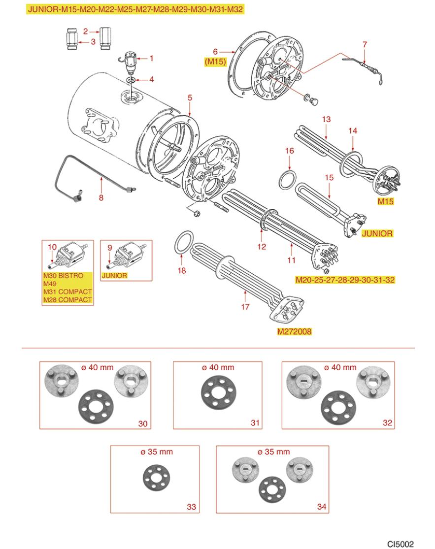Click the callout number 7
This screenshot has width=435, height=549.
[x=365, y=44]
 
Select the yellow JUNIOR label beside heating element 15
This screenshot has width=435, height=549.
[x=377, y=233]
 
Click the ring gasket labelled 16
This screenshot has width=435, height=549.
[x=288, y=180]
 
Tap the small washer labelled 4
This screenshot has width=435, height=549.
[x=130, y=79]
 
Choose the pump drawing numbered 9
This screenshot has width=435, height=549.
[x=126, y=257]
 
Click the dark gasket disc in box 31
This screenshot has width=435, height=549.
[x=218, y=394]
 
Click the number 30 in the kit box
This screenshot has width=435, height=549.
[x=144, y=423]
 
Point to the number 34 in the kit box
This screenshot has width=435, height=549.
[x=321, y=506]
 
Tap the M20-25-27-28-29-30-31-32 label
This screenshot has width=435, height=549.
[x=344, y=280]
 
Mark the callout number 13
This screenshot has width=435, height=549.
[x=326, y=120]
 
